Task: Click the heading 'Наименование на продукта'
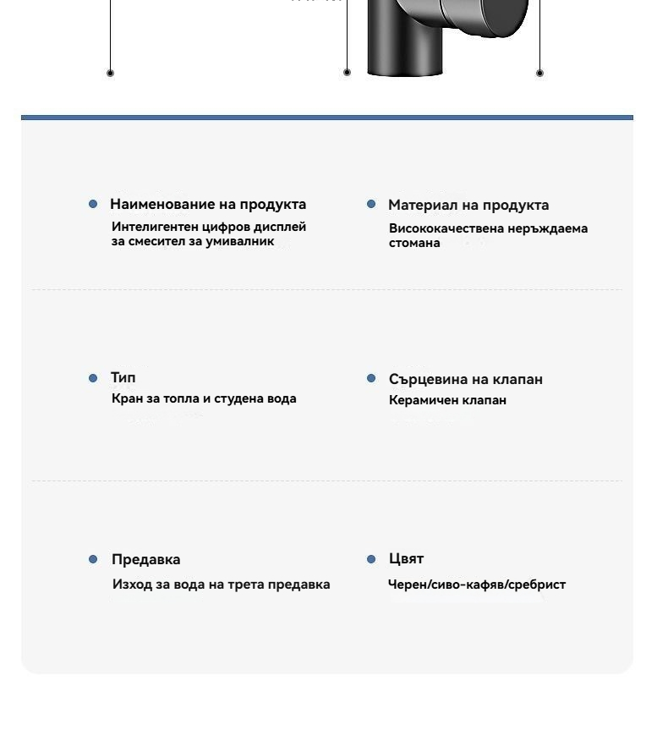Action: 208,204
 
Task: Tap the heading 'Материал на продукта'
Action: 468,205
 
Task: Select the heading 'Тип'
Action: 123,377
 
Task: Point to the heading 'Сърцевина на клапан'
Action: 466,379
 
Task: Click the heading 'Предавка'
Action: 146,559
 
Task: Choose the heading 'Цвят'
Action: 406,558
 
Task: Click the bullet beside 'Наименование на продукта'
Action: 93,204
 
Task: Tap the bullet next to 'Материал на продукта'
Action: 371,204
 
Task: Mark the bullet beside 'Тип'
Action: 93,378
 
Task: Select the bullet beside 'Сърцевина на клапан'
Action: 371,378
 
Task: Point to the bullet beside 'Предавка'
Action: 93,559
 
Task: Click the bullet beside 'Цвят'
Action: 371,559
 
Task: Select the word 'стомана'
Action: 414,243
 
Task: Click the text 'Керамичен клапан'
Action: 447,400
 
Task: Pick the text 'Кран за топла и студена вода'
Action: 204,398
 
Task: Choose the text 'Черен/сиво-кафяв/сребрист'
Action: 477,585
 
